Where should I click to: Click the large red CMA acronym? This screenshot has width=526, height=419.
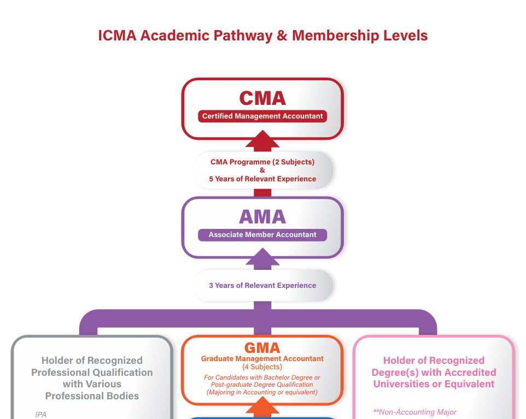(x=262, y=98)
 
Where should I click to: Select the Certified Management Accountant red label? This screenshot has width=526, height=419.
(x=262, y=116)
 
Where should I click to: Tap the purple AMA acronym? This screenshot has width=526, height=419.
(x=262, y=217)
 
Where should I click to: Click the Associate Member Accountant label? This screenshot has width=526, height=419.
(x=262, y=235)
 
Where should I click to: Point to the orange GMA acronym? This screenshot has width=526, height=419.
(x=262, y=347)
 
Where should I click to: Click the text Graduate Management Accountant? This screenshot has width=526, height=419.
(x=262, y=359)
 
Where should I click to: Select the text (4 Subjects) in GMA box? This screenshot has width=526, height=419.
(x=262, y=367)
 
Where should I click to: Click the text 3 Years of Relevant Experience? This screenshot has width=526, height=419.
(x=262, y=286)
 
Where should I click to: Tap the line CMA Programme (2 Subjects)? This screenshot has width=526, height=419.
(x=262, y=162)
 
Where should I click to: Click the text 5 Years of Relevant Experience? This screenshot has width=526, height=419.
(x=262, y=179)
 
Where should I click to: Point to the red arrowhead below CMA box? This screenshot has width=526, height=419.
(x=262, y=139)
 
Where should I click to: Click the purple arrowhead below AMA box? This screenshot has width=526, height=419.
(x=262, y=257)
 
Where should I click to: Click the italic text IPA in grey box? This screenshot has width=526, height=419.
(x=40, y=415)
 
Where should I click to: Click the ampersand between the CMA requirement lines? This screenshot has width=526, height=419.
(x=262, y=170)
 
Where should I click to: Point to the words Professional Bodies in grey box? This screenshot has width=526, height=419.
(x=92, y=396)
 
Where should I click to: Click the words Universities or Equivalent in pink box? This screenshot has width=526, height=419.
(x=434, y=384)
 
